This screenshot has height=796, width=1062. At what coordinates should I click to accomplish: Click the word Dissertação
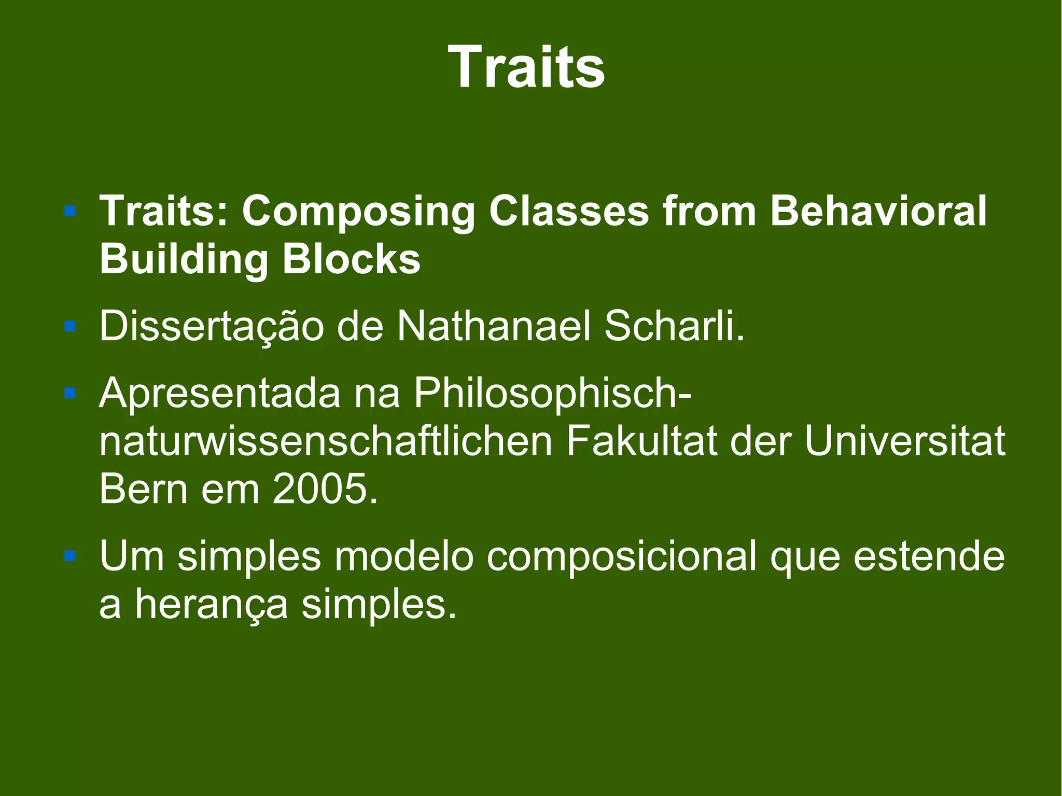[212, 327]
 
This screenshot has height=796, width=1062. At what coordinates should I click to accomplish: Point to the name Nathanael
[494, 327]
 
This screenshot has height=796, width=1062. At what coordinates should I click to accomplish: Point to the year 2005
[325, 489]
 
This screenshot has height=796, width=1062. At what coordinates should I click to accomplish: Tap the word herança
[211, 604]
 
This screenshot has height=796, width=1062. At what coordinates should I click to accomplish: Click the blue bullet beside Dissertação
[70, 326]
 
